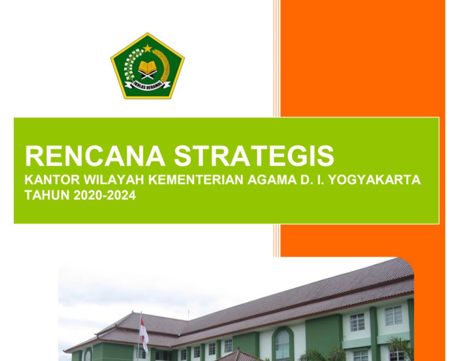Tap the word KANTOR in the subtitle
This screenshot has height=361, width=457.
coord(52,180)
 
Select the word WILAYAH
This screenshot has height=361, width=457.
coord(114,180)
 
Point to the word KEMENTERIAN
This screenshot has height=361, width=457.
coord(196,180)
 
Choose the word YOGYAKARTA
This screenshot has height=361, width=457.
coord(374,180)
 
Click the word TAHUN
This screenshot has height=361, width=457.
coord(47,195)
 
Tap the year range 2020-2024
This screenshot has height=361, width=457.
coord(104,195)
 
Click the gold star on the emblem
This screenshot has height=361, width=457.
coord(148,48)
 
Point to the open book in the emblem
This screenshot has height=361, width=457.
coord(148,68)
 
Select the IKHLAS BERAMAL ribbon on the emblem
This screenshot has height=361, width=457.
coord(148,85)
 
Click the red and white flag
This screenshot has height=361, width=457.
coord(144,335)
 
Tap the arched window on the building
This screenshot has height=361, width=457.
coord(282,344)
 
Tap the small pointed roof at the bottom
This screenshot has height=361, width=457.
coord(238,356)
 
